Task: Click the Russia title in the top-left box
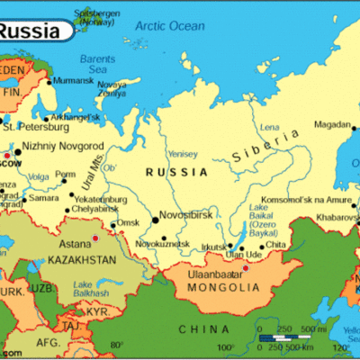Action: (33, 31)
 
